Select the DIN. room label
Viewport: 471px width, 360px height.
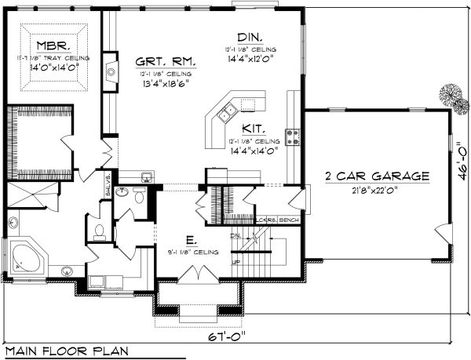[251, 37]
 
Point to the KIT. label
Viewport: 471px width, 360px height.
[253, 126]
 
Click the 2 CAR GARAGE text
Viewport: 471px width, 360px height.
[377, 177]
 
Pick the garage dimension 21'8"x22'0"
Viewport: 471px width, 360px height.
[377, 191]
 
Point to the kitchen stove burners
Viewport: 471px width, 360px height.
[293, 137]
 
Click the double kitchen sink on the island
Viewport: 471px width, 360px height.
[228, 114]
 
